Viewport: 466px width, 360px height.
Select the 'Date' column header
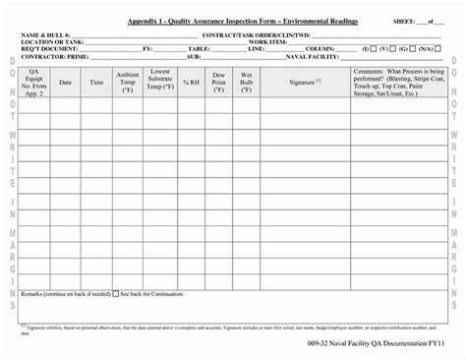click(x=66, y=83)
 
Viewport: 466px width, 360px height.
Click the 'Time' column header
click(x=96, y=83)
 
